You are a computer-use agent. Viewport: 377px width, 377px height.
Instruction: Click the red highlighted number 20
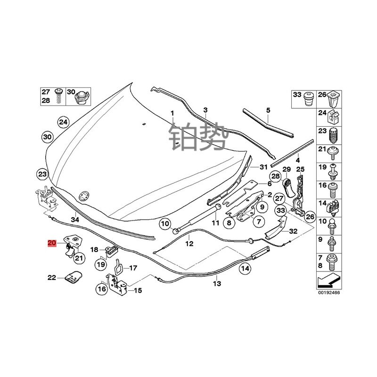(x=52, y=243)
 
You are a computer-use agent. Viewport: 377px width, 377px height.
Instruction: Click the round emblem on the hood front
(x=84, y=195)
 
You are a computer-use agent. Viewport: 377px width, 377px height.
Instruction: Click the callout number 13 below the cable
(x=216, y=283)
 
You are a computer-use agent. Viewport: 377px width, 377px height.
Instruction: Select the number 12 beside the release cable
(x=189, y=244)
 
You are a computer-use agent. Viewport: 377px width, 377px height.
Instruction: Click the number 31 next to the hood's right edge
(x=263, y=167)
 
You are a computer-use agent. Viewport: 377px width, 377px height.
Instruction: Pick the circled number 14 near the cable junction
(x=245, y=269)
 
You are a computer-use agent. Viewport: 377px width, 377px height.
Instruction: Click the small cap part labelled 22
(x=72, y=278)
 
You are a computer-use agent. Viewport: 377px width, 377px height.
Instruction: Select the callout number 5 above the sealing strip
(x=268, y=110)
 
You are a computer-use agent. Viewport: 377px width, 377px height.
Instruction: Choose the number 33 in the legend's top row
(x=297, y=95)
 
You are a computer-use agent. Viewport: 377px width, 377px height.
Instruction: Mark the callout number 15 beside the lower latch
(x=138, y=291)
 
